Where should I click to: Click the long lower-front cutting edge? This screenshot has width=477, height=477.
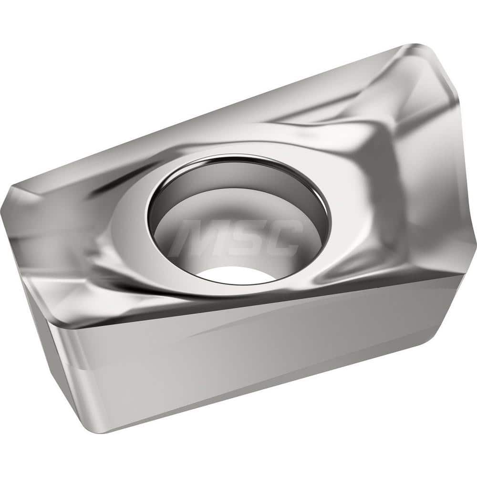point(238,303)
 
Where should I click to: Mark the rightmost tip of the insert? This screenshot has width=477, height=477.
point(475,238)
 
